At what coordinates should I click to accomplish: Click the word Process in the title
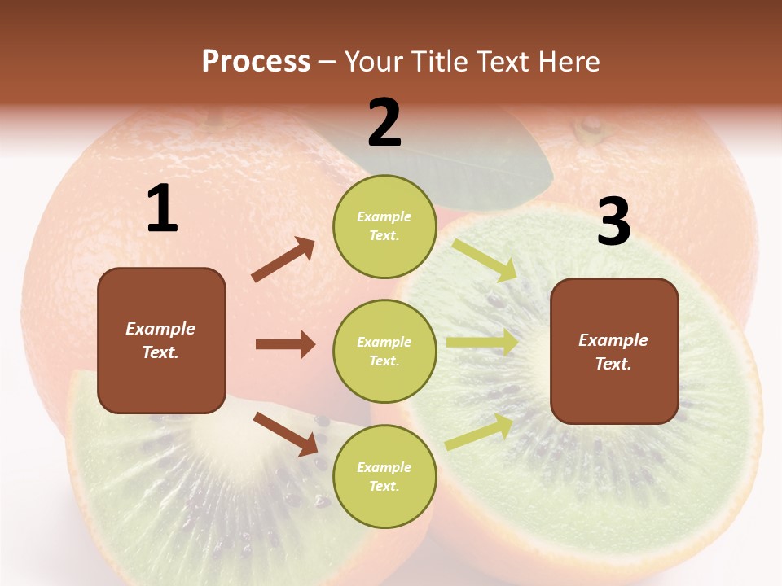[256, 61]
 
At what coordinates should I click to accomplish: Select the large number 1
[162, 209]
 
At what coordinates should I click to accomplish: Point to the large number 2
[384, 123]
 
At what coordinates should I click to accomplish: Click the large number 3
[613, 222]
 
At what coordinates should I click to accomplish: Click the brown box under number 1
[161, 340]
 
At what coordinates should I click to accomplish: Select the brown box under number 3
[614, 351]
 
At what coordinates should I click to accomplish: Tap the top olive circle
[384, 226]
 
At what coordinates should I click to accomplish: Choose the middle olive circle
[384, 351]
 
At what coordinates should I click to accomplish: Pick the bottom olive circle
[384, 476]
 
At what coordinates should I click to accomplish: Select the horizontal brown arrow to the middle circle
[285, 344]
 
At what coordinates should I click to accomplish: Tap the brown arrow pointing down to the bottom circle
[286, 434]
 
